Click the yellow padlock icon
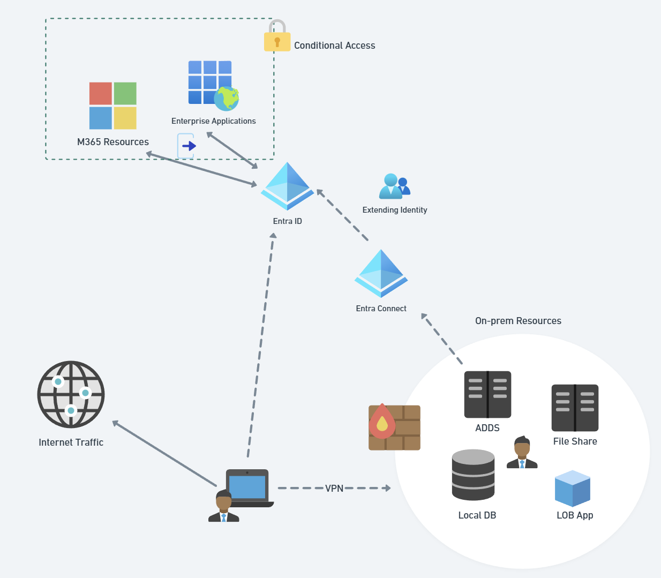click(x=277, y=37)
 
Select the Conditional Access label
click(x=334, y=46)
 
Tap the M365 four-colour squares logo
click(x=113, y=106)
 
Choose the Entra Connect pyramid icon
click(x=381, y=273)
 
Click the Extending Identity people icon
click(x=394, y=186)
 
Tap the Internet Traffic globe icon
click(x=71, y=394)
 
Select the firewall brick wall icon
click(x=395, y=427)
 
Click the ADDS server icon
click(x=487, y=395)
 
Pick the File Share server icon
click(x=575, y=408)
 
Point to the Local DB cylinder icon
click(x=473, y=475)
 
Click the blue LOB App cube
click(x=572, y=489)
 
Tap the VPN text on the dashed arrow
click(x=334, y=488)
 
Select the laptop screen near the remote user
click(x=247, y=486)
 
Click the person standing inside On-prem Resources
click(x=522, y=453)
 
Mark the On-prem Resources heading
click(x=518, y=321)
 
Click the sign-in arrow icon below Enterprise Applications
click(x=186, y=146)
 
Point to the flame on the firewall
click(x=382, y=421)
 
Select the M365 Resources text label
click(x=113, y=142)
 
